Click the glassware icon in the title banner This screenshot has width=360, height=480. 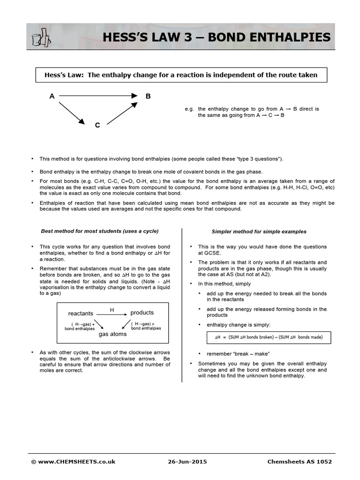pos(41,37)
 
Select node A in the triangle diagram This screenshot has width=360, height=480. pos(52,97)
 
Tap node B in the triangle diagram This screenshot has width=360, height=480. pos(148,97)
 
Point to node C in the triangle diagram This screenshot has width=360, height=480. pos(97,125)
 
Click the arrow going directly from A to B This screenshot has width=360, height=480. pos(98,96)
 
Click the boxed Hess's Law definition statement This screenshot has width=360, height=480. pos(181,75)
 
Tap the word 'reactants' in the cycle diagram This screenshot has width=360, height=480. pos(81,313)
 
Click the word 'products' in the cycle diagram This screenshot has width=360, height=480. pos(142,313)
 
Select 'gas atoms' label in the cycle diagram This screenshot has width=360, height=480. pos(112,334)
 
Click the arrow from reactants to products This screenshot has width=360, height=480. pos(112,315)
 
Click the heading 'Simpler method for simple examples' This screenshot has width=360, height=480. pos(259,232)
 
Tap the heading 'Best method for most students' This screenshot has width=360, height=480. pos(100,231)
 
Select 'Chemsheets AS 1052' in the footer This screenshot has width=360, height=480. pos(299,462)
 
